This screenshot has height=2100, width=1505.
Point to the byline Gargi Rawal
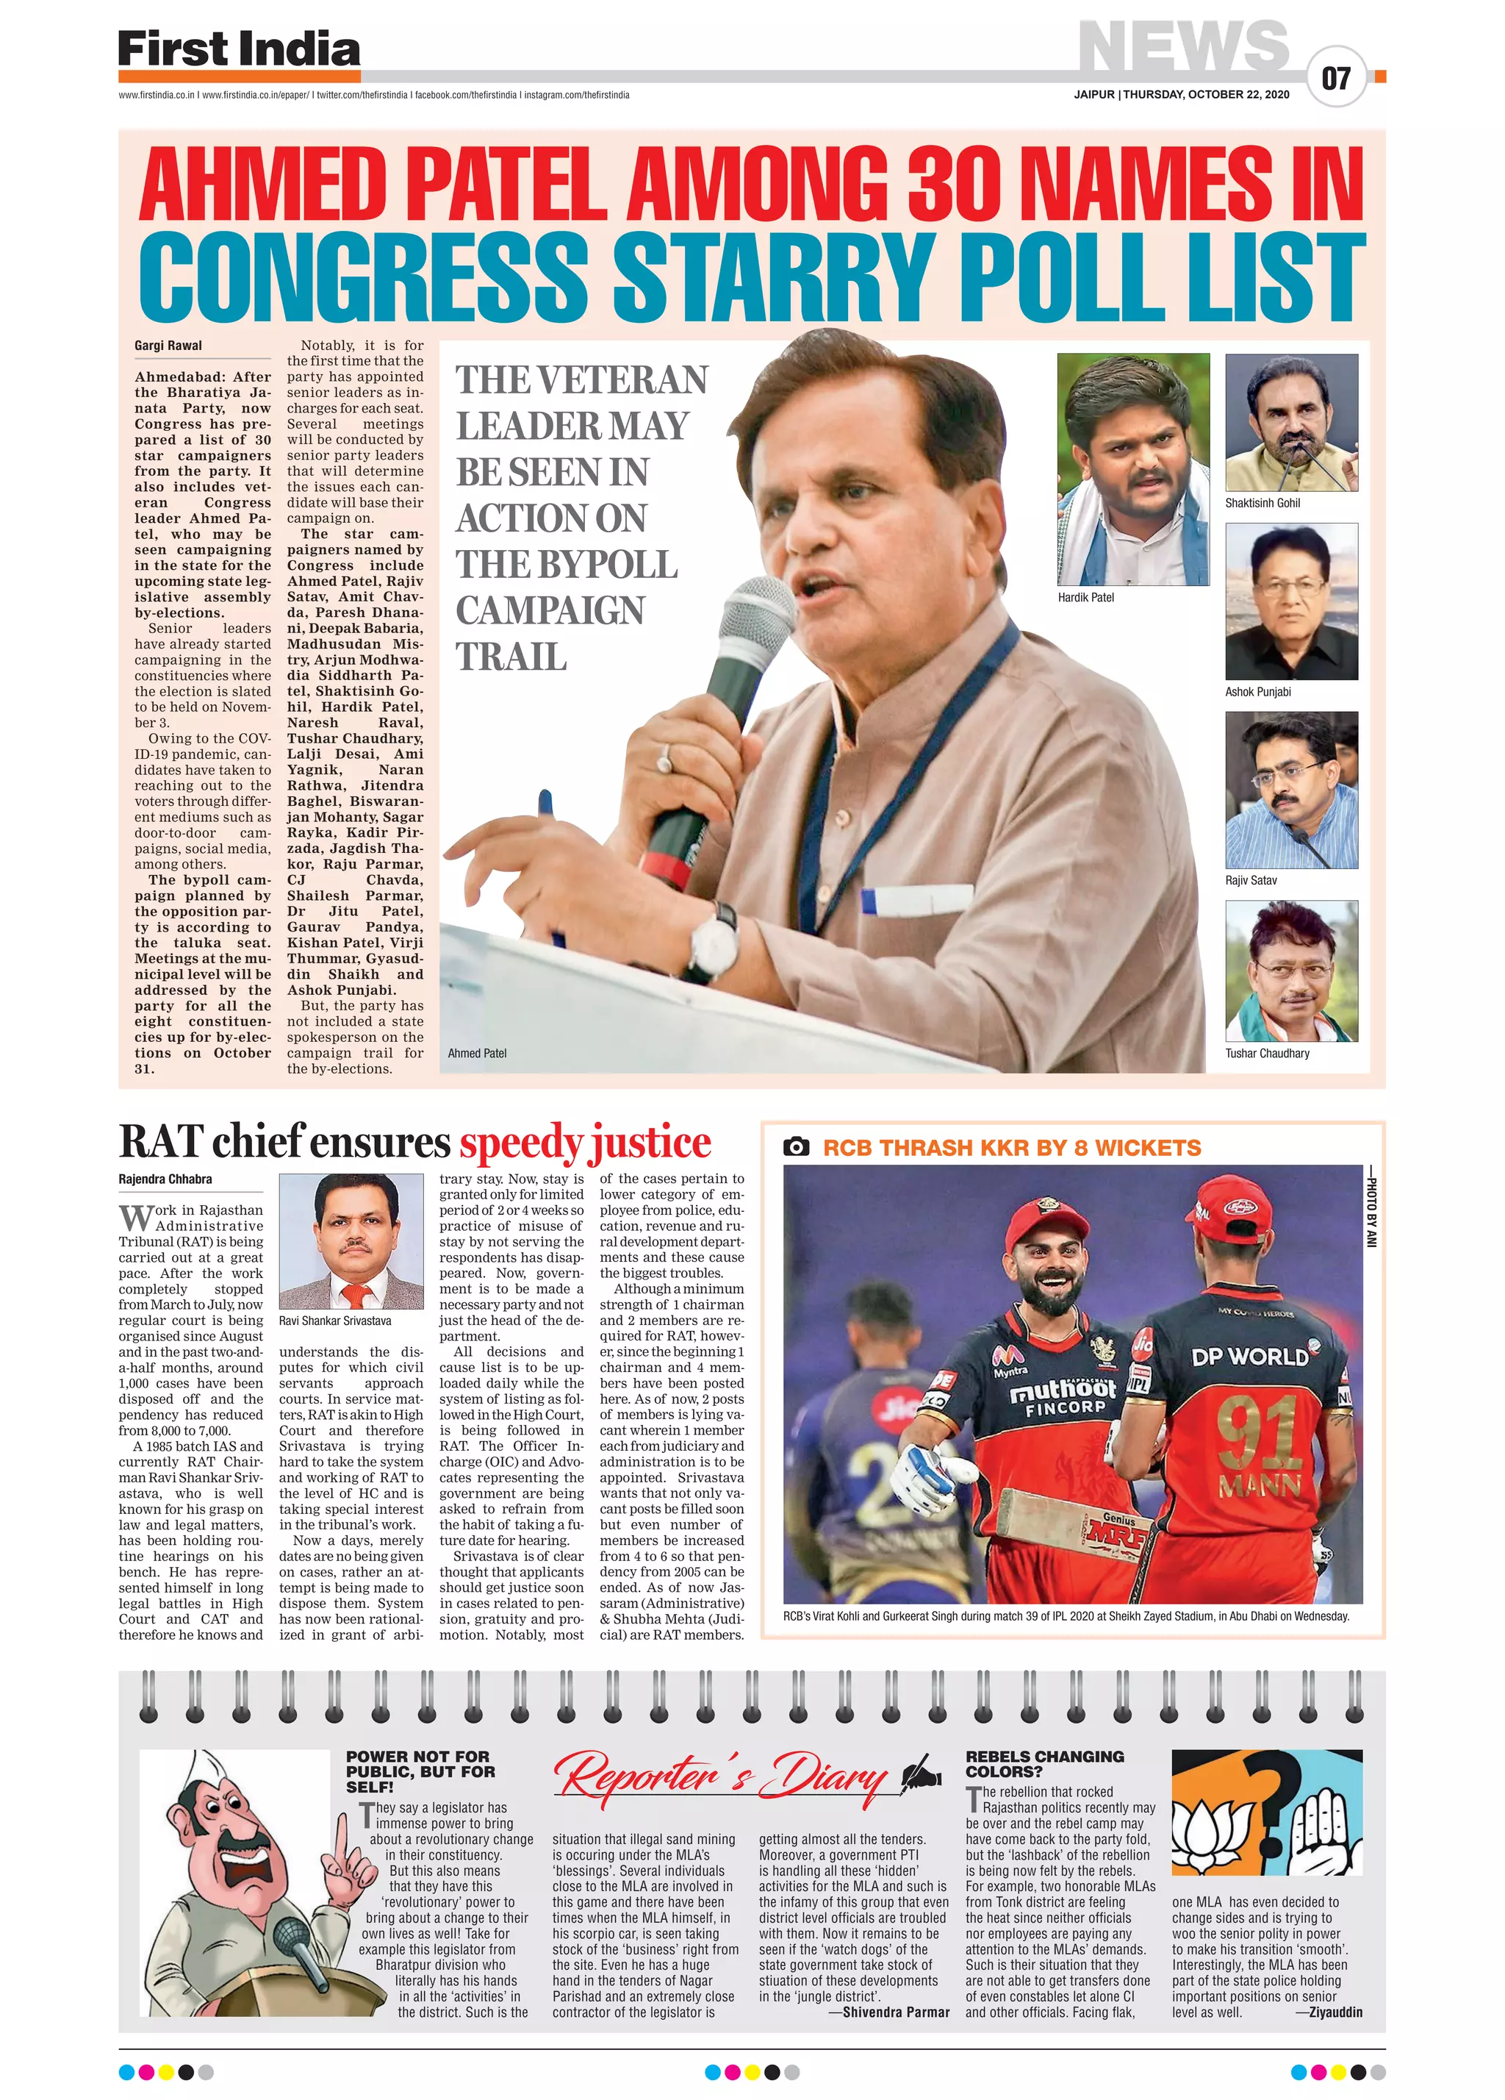[x=168, y=346]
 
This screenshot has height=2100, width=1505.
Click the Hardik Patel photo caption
[x=1085, y=597]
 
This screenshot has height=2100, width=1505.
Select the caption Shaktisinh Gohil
[x=1262, y=503]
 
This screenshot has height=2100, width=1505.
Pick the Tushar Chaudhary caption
[x=1266, y=1053]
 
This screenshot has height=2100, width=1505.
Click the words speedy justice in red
[x=585, y=1143]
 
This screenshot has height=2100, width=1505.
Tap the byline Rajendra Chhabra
[x=165, y=1179]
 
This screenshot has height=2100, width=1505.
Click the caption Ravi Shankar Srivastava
[x=334, y=1321]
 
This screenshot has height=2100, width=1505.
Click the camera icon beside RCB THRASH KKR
[x=795, y=1147]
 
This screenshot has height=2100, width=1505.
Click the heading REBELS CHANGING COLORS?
[x=1044, y=1763]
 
